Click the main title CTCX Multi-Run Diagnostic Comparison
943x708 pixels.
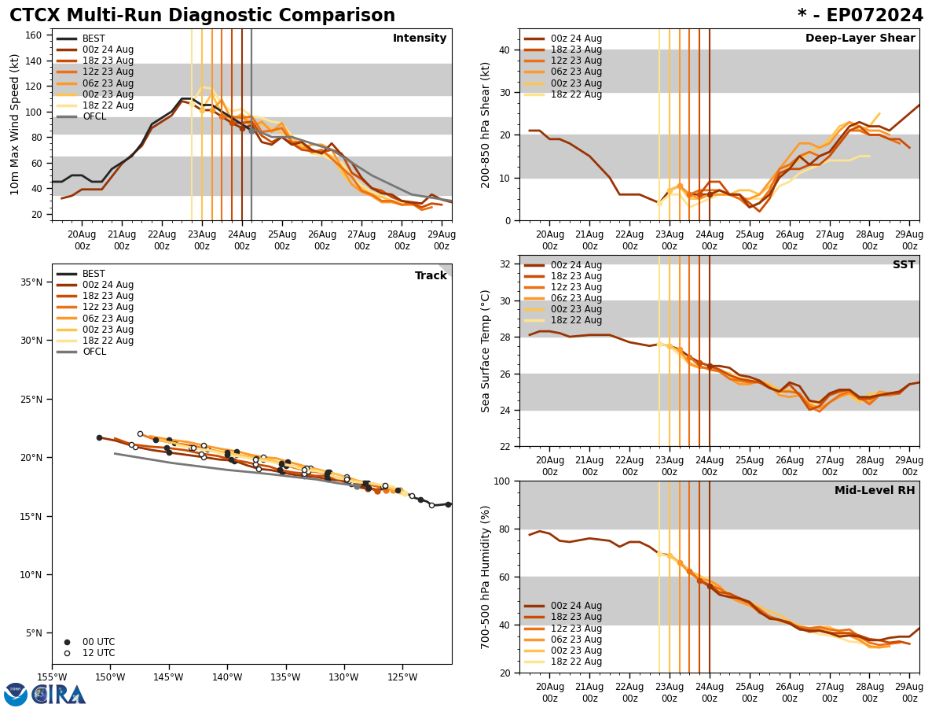click(x=202, y=16)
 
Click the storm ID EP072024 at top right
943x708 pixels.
click(x=860, y=16)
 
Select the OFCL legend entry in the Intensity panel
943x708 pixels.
click(x=94, y=116)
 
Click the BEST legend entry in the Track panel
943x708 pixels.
click(x=94, y=274)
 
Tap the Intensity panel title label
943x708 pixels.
click(x=419, y=39)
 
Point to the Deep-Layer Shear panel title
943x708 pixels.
click(x=860, y=39)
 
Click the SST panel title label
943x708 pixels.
click(x=903, y=265)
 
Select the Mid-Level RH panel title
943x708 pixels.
click(x=874, y=491)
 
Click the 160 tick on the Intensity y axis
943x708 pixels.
click(x=35, y=35)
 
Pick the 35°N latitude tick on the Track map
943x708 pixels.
click(x=31, y=282)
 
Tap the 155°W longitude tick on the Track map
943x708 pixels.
click(x=53, y=677)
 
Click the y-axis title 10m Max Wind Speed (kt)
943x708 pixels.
click(x=15, y=124)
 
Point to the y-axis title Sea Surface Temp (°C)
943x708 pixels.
click(x=486, y=351)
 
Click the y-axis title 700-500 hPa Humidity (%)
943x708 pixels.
click(x=486, y=577)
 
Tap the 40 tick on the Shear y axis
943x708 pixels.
click(x=503, y=50)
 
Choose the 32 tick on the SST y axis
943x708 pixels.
click(x=503, y=264)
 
